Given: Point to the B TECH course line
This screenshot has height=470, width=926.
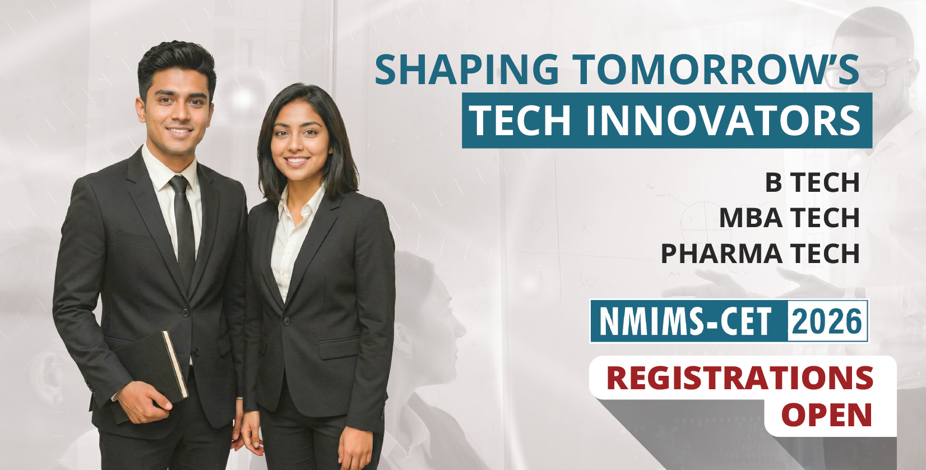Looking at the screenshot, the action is [812, 182].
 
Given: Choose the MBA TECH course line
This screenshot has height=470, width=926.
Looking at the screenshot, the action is [790, 218].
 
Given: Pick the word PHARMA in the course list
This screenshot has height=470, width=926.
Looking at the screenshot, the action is [721, 254].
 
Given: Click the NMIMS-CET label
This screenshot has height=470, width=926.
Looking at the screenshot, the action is [686, 321].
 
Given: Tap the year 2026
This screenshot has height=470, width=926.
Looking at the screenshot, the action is [827, 321].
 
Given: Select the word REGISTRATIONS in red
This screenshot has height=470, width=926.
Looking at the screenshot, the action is [740, 377].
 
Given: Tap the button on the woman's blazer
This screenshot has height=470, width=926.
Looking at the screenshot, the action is [286, 321].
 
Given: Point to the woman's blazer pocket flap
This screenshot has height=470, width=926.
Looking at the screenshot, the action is [339, 348].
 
